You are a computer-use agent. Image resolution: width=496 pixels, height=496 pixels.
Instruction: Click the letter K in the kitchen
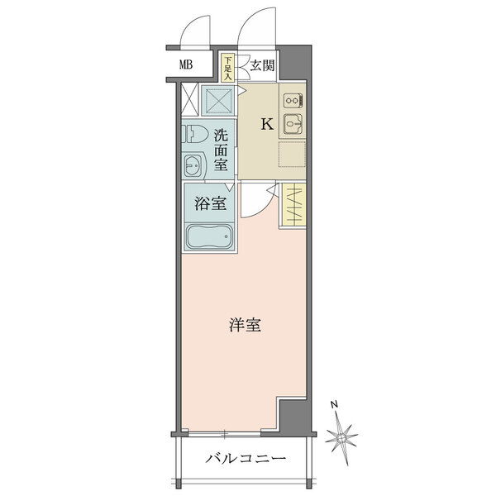pos(267,125)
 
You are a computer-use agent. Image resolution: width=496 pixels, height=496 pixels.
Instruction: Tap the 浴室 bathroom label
pos(210,204)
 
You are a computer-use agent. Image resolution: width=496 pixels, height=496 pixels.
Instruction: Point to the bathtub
pos(209,236)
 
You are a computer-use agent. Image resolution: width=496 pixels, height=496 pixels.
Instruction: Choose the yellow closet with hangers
pos(292,205)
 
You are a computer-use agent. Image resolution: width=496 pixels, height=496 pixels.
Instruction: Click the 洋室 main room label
pos(245,326)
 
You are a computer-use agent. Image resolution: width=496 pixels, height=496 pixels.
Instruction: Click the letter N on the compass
pos(331,404)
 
